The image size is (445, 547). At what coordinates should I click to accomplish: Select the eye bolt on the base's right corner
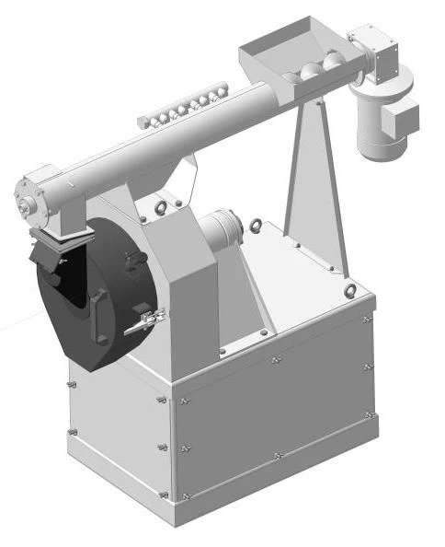pyautogui.click(x=351, y=292)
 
